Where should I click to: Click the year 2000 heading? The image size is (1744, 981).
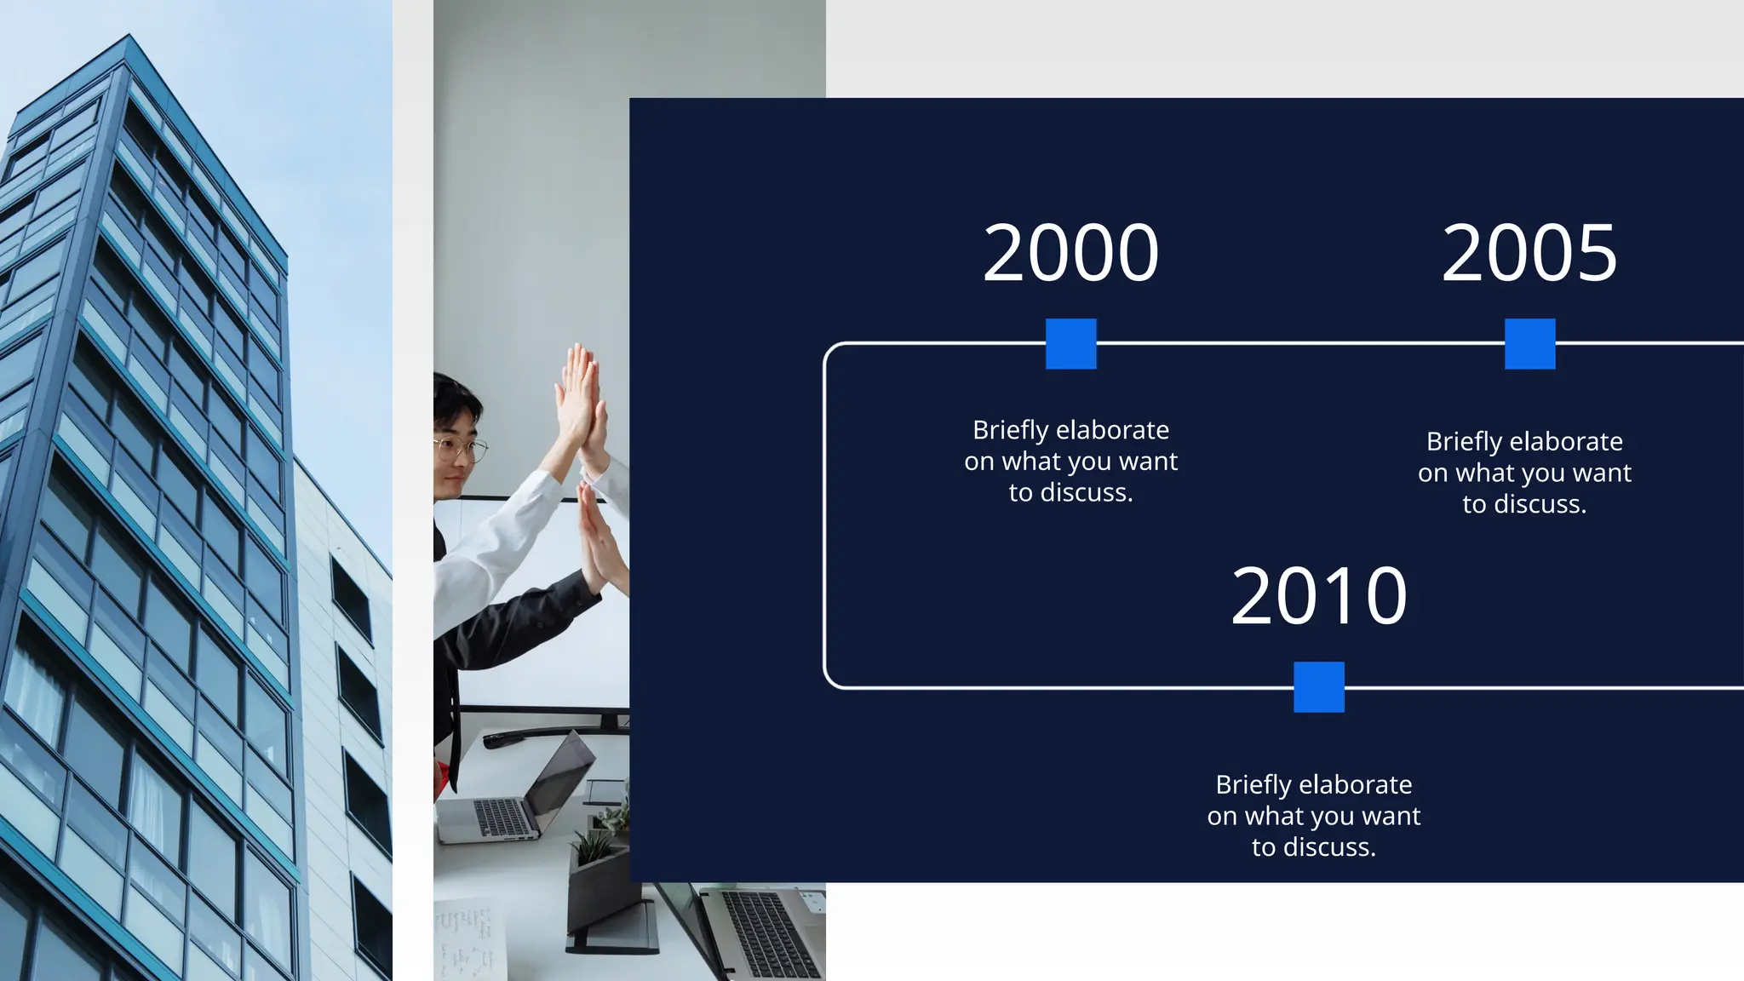[1070, 253]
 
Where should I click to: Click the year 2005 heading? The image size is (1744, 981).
[1529, 253]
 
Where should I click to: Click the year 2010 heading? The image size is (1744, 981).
[1318, 596]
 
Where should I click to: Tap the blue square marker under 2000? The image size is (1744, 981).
[1070, 344]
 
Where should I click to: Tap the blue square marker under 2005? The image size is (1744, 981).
[1529, 344]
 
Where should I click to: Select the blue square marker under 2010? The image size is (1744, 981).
[1318, 686]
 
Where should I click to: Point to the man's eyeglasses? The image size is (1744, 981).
[460, 448]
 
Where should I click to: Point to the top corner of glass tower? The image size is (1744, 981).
[129, 37]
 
